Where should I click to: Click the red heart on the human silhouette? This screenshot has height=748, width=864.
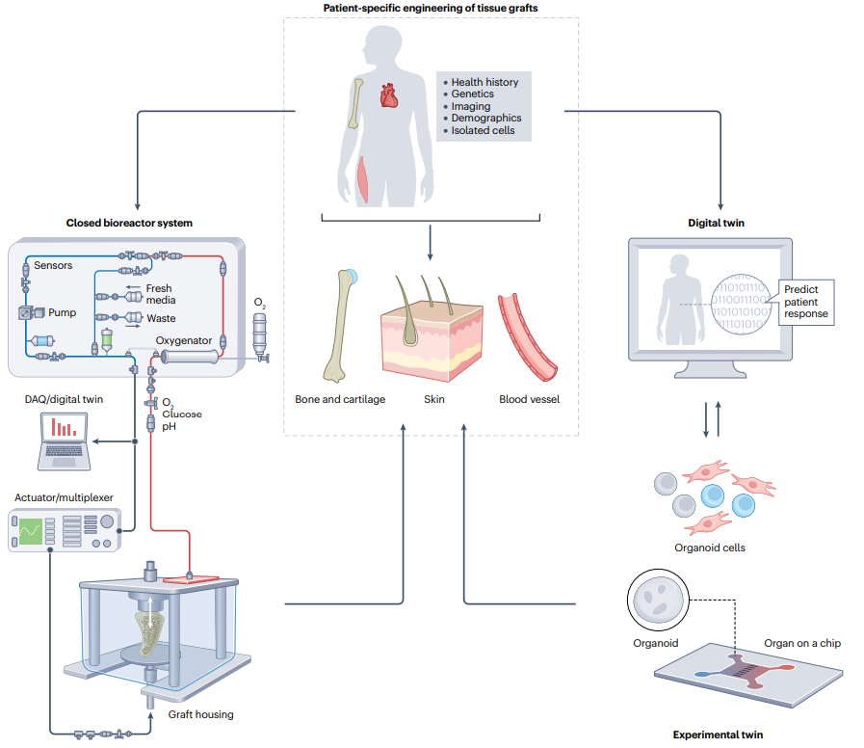coord(388,94)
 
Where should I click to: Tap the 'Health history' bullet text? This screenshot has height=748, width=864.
coord(484,82)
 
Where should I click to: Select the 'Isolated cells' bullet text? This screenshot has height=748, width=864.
coord(483,131)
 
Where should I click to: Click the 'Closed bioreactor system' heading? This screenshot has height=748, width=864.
coord(129,223)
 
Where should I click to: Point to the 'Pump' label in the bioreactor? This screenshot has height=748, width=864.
coord(63,312)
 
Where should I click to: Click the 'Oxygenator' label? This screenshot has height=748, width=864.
coord(183,341)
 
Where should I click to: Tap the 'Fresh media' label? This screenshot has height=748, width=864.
coord(160,295)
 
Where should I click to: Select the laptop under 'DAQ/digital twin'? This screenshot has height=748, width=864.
coord(64,441)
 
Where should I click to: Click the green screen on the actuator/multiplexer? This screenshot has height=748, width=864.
coord(31,531)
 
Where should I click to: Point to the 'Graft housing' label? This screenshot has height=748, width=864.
coord(200,714)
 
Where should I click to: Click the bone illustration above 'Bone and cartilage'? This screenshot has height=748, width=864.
coord(340,326)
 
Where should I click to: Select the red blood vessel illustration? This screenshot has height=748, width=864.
coord(526,337)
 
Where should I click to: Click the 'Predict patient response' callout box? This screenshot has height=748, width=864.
coord(806,302)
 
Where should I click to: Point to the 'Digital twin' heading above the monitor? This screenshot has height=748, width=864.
coord(716,223)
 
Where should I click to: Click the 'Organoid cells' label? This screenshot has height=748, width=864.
coord(710,548)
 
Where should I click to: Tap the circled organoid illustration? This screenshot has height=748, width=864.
coord(658,601)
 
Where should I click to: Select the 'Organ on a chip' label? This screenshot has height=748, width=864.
coord(802,643)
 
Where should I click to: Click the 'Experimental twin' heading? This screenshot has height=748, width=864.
coord(718,735)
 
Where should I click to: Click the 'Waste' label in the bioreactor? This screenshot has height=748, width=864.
coord(161,318)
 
